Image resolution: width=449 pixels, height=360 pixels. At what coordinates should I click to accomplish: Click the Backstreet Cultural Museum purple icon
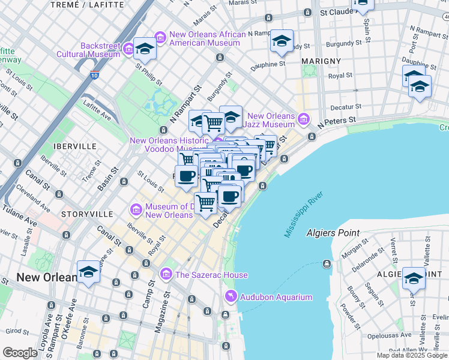click(x=128, y=47)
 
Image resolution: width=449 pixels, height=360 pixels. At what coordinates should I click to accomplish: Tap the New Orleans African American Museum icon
click(x=160, y=37)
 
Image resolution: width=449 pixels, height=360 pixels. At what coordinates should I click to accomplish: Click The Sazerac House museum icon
click(x=166, y=274)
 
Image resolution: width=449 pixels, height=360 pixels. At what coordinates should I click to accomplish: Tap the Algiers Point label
click(x=333, y=233)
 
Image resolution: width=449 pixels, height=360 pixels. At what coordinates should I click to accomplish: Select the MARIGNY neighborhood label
click(x=321, y=61)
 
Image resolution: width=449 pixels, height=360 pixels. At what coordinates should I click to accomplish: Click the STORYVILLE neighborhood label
click(x=86, y=214)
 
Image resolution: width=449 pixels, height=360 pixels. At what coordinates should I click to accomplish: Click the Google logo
click(x=20, y=353)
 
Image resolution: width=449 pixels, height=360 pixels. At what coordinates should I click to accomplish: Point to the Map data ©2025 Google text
click(x=412, y=355)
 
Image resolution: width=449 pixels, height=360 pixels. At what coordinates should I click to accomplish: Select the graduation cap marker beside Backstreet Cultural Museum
click(x=145, y=49)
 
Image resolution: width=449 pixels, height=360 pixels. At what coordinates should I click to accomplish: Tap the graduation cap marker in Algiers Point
click(x=414, y=278)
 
